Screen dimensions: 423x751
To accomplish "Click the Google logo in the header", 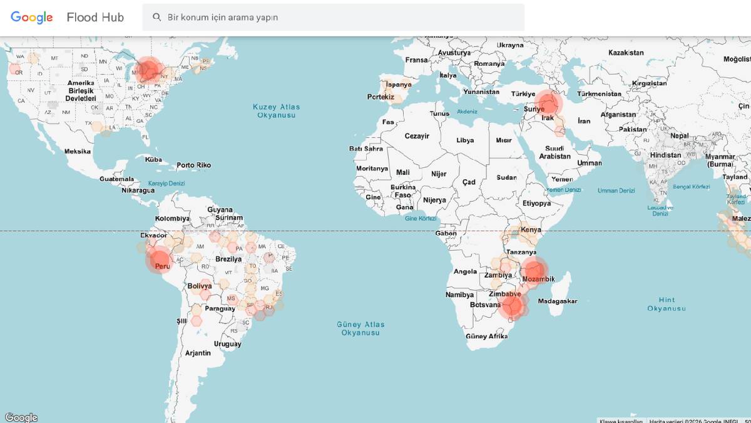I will pos(32,18).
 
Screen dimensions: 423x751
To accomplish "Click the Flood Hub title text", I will pos(95,18).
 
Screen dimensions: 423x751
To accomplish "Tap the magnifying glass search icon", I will pos(157,17).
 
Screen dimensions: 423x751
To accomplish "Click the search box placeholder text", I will pos(222,18).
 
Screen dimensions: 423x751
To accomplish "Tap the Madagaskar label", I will pos(557,301).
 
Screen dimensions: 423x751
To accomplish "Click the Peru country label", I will pos(162,266).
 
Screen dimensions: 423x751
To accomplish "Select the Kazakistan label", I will pos(626,53).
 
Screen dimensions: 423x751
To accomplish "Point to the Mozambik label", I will pos(538,279).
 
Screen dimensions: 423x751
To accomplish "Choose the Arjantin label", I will pos(198,353).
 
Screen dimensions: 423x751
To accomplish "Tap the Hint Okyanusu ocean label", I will pos(667,304).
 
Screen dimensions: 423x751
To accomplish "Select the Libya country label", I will pos(465,140).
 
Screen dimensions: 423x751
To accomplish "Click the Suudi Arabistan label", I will pos(554,152).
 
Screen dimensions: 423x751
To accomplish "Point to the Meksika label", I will pos(78,151).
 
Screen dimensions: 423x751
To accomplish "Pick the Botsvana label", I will pos(484,305).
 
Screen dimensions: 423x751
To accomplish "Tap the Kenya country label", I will pos(531,230).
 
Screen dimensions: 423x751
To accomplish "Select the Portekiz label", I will pos(381,97).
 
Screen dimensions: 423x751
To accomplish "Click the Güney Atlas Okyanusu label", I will pos(360,328).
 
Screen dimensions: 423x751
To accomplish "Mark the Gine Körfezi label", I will pos(421,219).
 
